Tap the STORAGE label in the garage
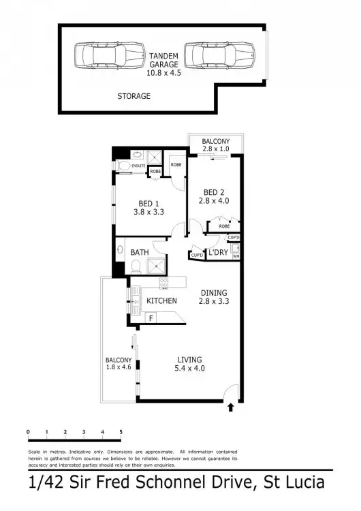(134, 96)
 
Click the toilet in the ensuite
(123, 166)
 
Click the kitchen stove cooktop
(163, 282)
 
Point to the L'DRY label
(218, 253)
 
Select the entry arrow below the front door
(230, 408)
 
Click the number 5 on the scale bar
(121, 432)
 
